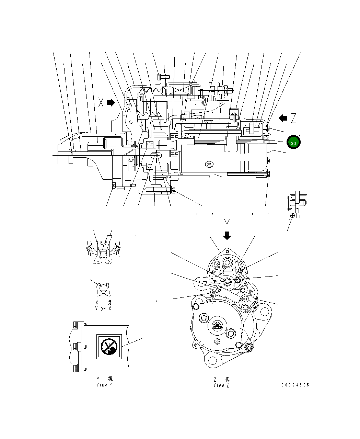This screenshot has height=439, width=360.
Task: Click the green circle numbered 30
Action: [293, 143]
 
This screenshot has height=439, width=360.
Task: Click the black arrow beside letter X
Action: [111, 102]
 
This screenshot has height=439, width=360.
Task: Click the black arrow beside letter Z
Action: [283, 118]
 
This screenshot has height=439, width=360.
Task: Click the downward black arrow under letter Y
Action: [227, 235]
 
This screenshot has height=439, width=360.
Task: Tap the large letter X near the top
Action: [101, 102]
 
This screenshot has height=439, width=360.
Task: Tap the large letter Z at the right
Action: [293, 119]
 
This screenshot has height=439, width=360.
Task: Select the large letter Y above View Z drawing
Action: [227, 224]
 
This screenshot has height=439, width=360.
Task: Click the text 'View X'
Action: [103, 308]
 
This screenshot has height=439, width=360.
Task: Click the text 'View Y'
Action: [104, 384]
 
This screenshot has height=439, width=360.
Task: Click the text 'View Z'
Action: [221, 385]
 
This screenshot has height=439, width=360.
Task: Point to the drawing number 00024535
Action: [295, 385]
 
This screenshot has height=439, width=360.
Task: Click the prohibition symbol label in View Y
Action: [108, 347]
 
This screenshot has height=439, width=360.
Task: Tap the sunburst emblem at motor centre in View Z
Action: [217, 325]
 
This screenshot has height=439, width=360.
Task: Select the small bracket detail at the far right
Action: [296, 205]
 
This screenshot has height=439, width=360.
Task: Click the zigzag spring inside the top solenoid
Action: [153, 91]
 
